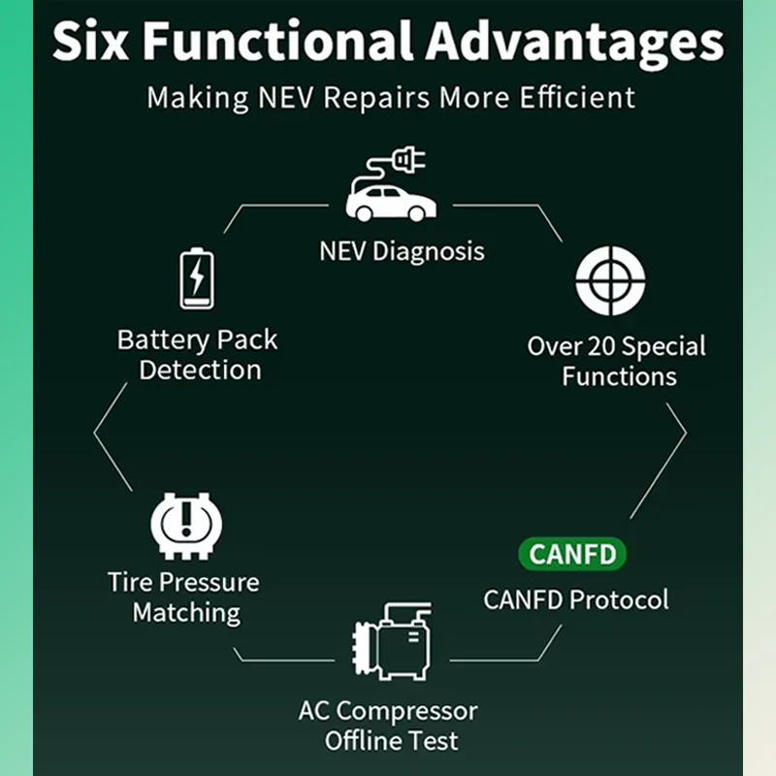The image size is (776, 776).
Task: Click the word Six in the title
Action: [90, 41]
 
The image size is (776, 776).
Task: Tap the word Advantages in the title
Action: [575, 44]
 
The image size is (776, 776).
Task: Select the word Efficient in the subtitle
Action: [577, 97]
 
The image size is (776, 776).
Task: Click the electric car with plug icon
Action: [391, 184]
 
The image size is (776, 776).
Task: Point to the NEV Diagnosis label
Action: [402, 251]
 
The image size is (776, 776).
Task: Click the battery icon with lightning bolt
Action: [197, 278]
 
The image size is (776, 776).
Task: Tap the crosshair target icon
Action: [610, 281]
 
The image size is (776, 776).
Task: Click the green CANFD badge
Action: [572, 554]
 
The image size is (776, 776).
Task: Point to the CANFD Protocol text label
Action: [576, 599]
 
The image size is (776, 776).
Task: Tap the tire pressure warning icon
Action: [186, 526]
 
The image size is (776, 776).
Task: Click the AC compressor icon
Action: [393, 641]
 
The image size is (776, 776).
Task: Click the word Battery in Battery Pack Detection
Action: [164, 340]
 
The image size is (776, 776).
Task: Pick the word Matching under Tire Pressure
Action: [186, 614]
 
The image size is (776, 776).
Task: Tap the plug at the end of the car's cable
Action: [408, 159]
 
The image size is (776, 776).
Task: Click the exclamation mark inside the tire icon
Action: [186, 519]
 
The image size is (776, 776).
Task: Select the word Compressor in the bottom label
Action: [406, 712]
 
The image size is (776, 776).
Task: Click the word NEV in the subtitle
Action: [285, 98]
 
